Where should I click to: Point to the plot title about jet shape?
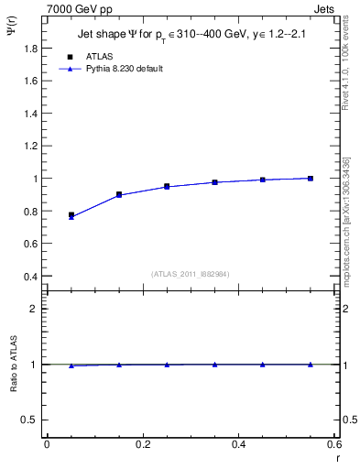coord(192,36)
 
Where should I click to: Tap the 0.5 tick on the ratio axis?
coord(30,420)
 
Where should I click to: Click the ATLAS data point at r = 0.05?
coord(71,214)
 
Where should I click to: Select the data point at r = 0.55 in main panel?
coord(311,178)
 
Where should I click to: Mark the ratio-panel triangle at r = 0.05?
coord(71,365)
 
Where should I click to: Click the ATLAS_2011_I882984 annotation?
coord(191,274)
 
